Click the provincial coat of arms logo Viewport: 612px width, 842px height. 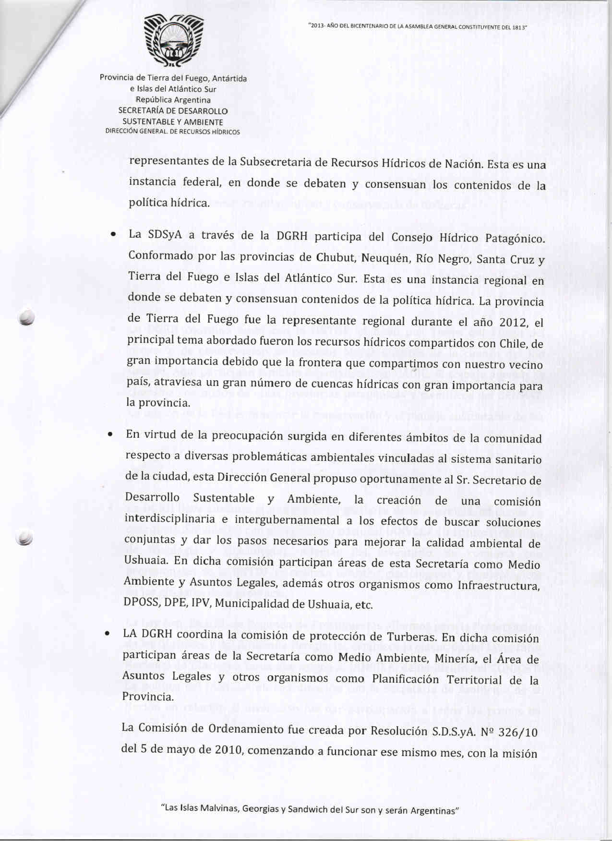174,41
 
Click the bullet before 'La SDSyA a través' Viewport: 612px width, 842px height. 112,235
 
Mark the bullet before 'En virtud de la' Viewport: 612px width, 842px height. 110,435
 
